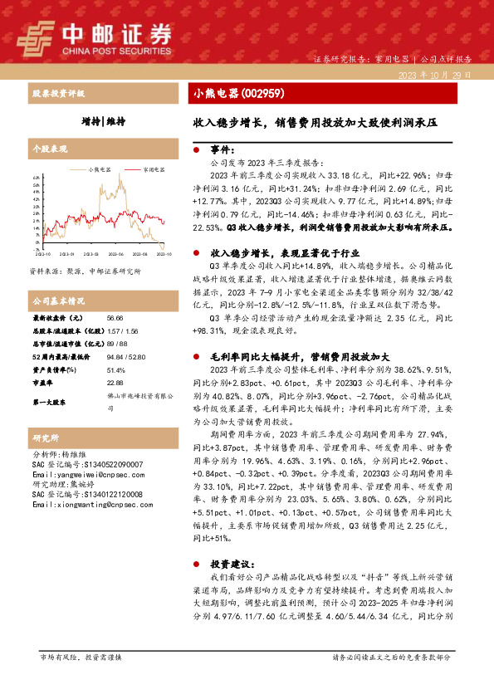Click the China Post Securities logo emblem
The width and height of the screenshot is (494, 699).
pyautogui.click(x=37, y=36)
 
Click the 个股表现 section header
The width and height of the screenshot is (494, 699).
pyautogui.click(x=47, y=149)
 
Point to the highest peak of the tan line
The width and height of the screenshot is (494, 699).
pyautogui.click(x=121, y=177)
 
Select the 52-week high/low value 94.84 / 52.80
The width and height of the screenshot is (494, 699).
pyautogui.click(x=123, y=354)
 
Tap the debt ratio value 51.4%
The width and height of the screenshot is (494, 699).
pyautogui.click(x=115, y=370)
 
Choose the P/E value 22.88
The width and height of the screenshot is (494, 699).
pyautogui.click(x=115, y=383)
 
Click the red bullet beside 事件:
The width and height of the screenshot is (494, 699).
pyautogui.click(x=195, y=150)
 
